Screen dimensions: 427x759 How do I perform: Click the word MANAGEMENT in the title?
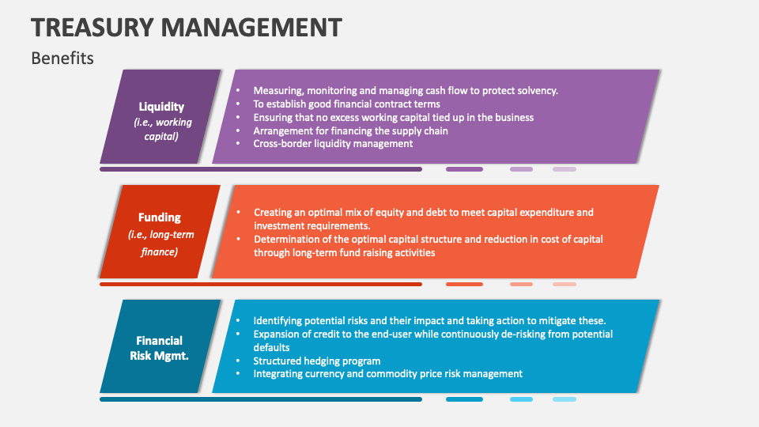[251, 27]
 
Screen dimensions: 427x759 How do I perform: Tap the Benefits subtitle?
[62, 58]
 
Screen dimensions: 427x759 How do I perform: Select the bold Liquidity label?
[161, 107]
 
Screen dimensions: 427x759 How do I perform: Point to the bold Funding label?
[160, 217]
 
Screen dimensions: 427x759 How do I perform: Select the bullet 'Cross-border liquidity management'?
[333, 144]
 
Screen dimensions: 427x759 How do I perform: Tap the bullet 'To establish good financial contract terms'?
[346, 104]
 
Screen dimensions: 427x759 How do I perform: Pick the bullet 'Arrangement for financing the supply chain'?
[350, 130]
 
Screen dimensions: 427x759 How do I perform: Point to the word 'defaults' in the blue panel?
[271, 347]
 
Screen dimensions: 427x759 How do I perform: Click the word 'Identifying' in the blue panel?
[279, 320]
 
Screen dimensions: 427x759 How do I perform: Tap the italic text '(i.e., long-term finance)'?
[160, 243]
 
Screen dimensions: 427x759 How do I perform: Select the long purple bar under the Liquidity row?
[260, 169]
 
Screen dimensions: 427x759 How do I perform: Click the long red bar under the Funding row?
[260, 284]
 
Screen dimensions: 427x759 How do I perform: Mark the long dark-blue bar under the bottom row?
[260, 399]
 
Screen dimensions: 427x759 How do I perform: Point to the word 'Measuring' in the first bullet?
[278, 90]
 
